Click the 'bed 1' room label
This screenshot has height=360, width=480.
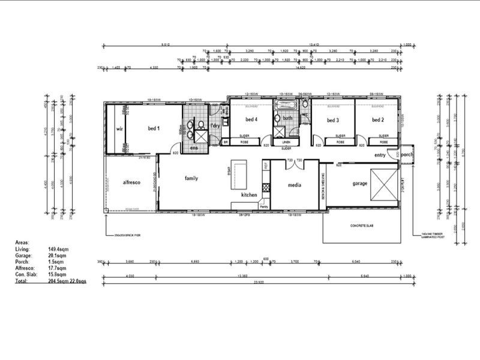[x=154, y=128]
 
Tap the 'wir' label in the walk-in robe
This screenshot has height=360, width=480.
[x=119, y=129]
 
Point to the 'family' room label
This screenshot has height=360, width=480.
[x=191, y=178]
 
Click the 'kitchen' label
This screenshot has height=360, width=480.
[x=249, y=195]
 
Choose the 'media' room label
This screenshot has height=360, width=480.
[x=294, y=185]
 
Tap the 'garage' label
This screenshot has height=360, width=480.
[x=359, y=184]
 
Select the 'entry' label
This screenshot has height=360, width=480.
[x=380, y=155]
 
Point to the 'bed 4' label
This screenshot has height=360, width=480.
[x=251, y=119]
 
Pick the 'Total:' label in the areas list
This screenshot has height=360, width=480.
[x=22, y=280]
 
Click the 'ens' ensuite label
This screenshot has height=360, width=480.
[x=194, y=148]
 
